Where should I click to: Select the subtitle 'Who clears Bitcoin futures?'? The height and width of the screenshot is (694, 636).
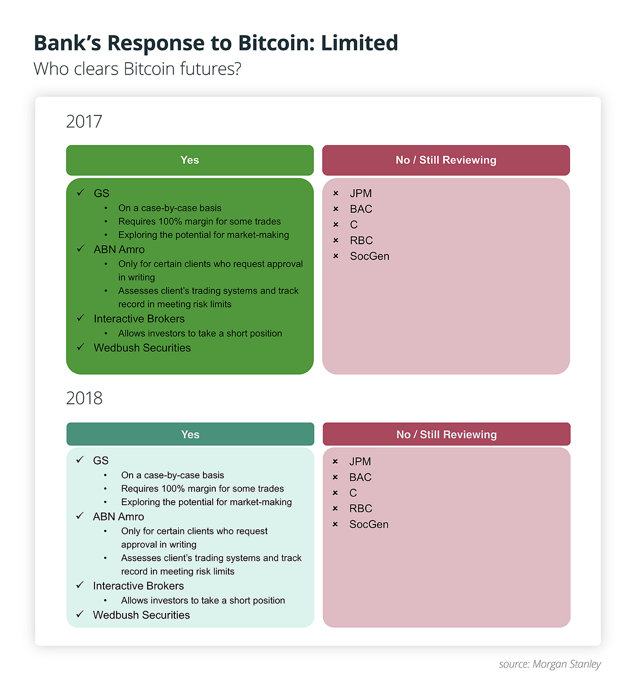pyautogui.click(x=137, y=69)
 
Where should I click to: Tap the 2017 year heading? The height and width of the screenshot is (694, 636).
pyautogui.click(x=84, y=121)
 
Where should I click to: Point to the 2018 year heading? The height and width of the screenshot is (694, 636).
pyautogui.click(x=84, y=398)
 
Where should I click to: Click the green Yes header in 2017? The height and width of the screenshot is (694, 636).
pyautogui.click(x=190, y=160)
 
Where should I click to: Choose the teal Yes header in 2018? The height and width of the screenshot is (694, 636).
pyautogui.click(x=190, y=434)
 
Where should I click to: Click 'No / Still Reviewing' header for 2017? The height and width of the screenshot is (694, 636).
pyautogui.click(x=446, y=160)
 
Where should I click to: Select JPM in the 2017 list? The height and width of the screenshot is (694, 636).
pyautogui.click(x=361, y=193)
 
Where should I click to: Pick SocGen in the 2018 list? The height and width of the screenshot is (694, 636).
pyautogui.click(x=369, y=524)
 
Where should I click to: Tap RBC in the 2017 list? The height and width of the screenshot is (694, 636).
pyautogui.click(x=361, y=240)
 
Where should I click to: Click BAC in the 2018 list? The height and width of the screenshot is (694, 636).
pyautogui.click(x=360, y=477)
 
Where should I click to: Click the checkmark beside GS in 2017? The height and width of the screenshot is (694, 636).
pyautogui.click(x=80, y=192)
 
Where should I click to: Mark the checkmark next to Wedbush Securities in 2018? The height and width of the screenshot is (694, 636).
pyautogui.click(x=80, y=614)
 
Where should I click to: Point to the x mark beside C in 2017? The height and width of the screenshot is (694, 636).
pyautogui.click(x=336, y=225)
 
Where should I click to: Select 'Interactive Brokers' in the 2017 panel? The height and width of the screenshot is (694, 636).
pyautogui.click(x=139, y=319)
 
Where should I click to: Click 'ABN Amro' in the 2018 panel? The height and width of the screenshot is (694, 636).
pyautogui.click(x=118, y=517)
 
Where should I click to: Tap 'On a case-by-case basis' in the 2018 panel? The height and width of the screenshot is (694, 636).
pyautogui.click(x=173, y=475)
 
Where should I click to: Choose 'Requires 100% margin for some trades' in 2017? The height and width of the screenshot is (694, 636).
pyautogui.click(x=199, y=221)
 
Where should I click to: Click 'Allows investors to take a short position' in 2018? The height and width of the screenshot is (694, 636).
pyautogui.click(x=203, y=600)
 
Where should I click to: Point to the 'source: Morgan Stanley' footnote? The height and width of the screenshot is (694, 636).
pyautogui.click(x=550, y=664)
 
